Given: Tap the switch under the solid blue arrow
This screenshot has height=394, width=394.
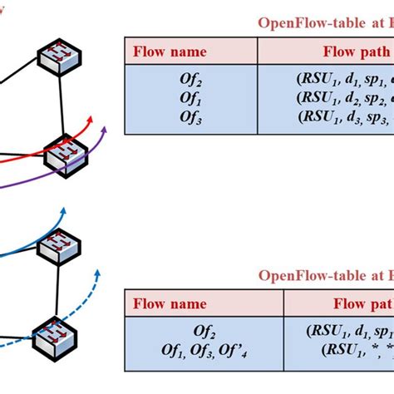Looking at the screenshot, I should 67,247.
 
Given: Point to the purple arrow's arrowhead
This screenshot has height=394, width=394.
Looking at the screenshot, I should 106,128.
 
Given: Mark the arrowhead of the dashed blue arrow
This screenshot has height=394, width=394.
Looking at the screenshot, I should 98,271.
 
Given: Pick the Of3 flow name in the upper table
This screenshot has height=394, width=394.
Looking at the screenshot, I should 190,116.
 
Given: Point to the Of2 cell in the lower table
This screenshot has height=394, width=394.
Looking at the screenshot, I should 204,331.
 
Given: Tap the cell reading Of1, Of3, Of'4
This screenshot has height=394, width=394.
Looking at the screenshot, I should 204,348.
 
